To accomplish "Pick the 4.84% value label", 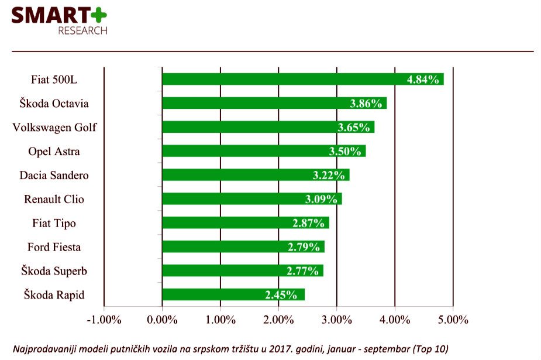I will click(x=423, y=80).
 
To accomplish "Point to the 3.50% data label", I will click(x=345, y=151).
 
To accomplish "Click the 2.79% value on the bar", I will click(x=304, y=246).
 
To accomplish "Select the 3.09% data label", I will click(x=321, y=199).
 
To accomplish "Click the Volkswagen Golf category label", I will click(x=54, y=127).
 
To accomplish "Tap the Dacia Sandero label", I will click(x=54, y=175).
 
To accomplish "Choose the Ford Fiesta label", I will click(x=54, y=246).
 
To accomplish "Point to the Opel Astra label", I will click(x=54, y=151).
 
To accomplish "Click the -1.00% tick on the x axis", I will click(x=104, y=320).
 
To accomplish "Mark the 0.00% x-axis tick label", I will click(x=162, y=320).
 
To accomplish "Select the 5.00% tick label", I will click(x=453, y=320).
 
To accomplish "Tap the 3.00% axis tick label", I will click(x=337, y=320).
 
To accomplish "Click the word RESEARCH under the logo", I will click(x=82, y=30).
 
